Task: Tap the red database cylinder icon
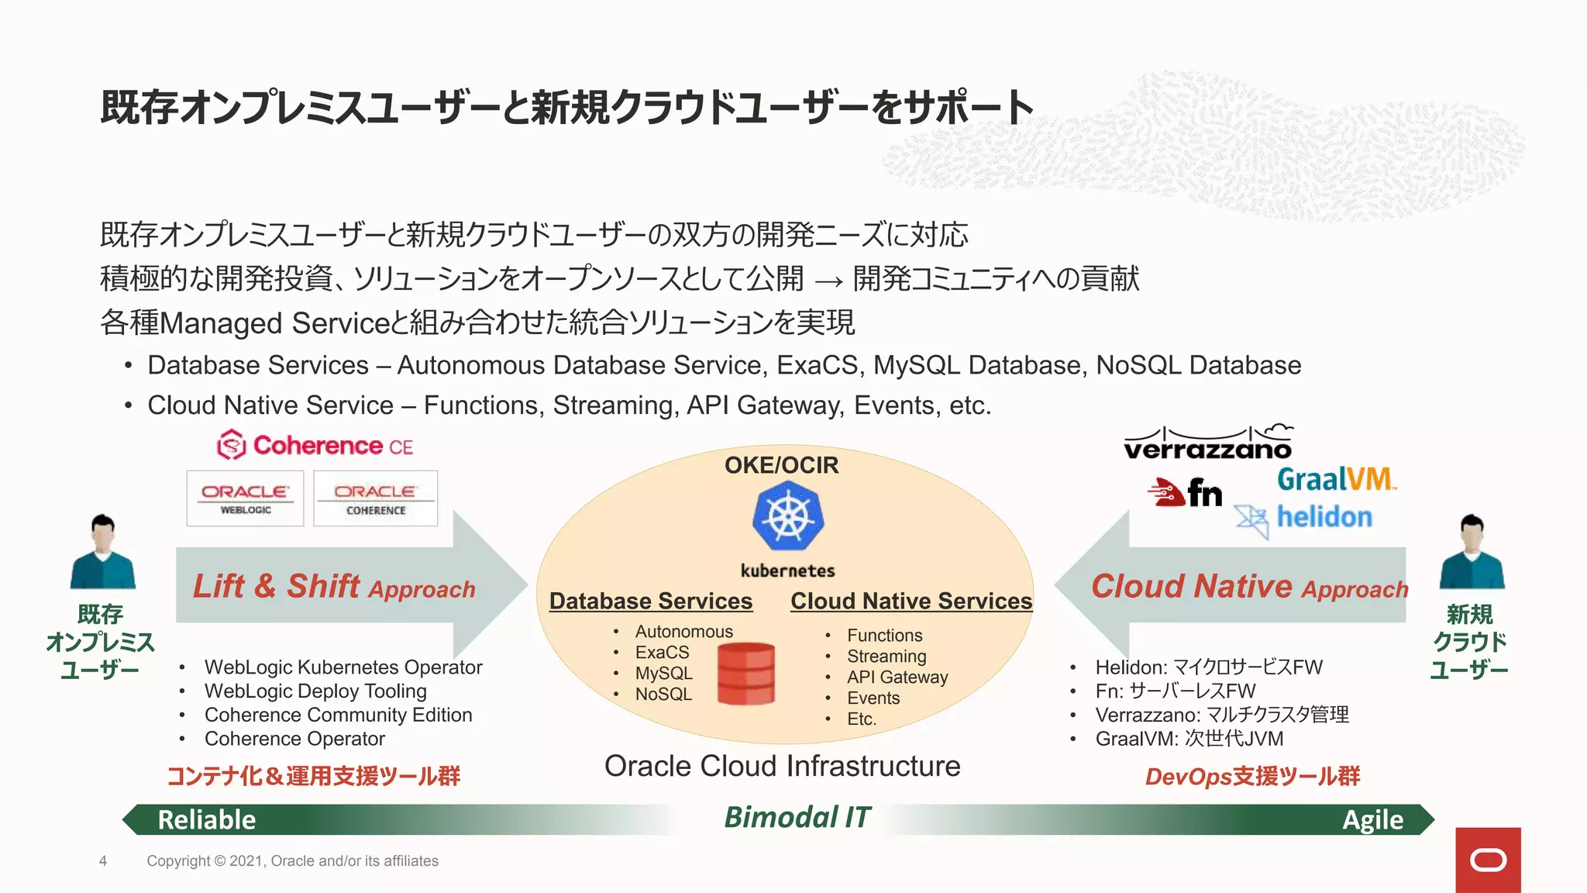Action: (745, 674)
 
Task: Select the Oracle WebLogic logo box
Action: (245, 498)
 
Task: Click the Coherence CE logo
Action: (315, 446)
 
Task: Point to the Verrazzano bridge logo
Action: (1207, 443)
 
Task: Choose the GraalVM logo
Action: (1336, 479)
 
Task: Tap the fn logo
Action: (1186, 492)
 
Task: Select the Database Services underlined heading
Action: (651, 601)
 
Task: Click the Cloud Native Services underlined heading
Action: (911, 601)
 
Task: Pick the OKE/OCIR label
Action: (781, 465)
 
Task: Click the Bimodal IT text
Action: (797, 817)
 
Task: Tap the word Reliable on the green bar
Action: (207, 819)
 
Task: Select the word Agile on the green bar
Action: (1372, 819)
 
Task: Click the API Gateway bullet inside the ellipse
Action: (897, 677)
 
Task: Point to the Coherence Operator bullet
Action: (294, 739)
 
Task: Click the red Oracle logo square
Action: (1488, 860)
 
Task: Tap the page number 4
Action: (103, 860)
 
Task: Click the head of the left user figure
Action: (103, 528)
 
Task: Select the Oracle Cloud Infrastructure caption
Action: (782, 766)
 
